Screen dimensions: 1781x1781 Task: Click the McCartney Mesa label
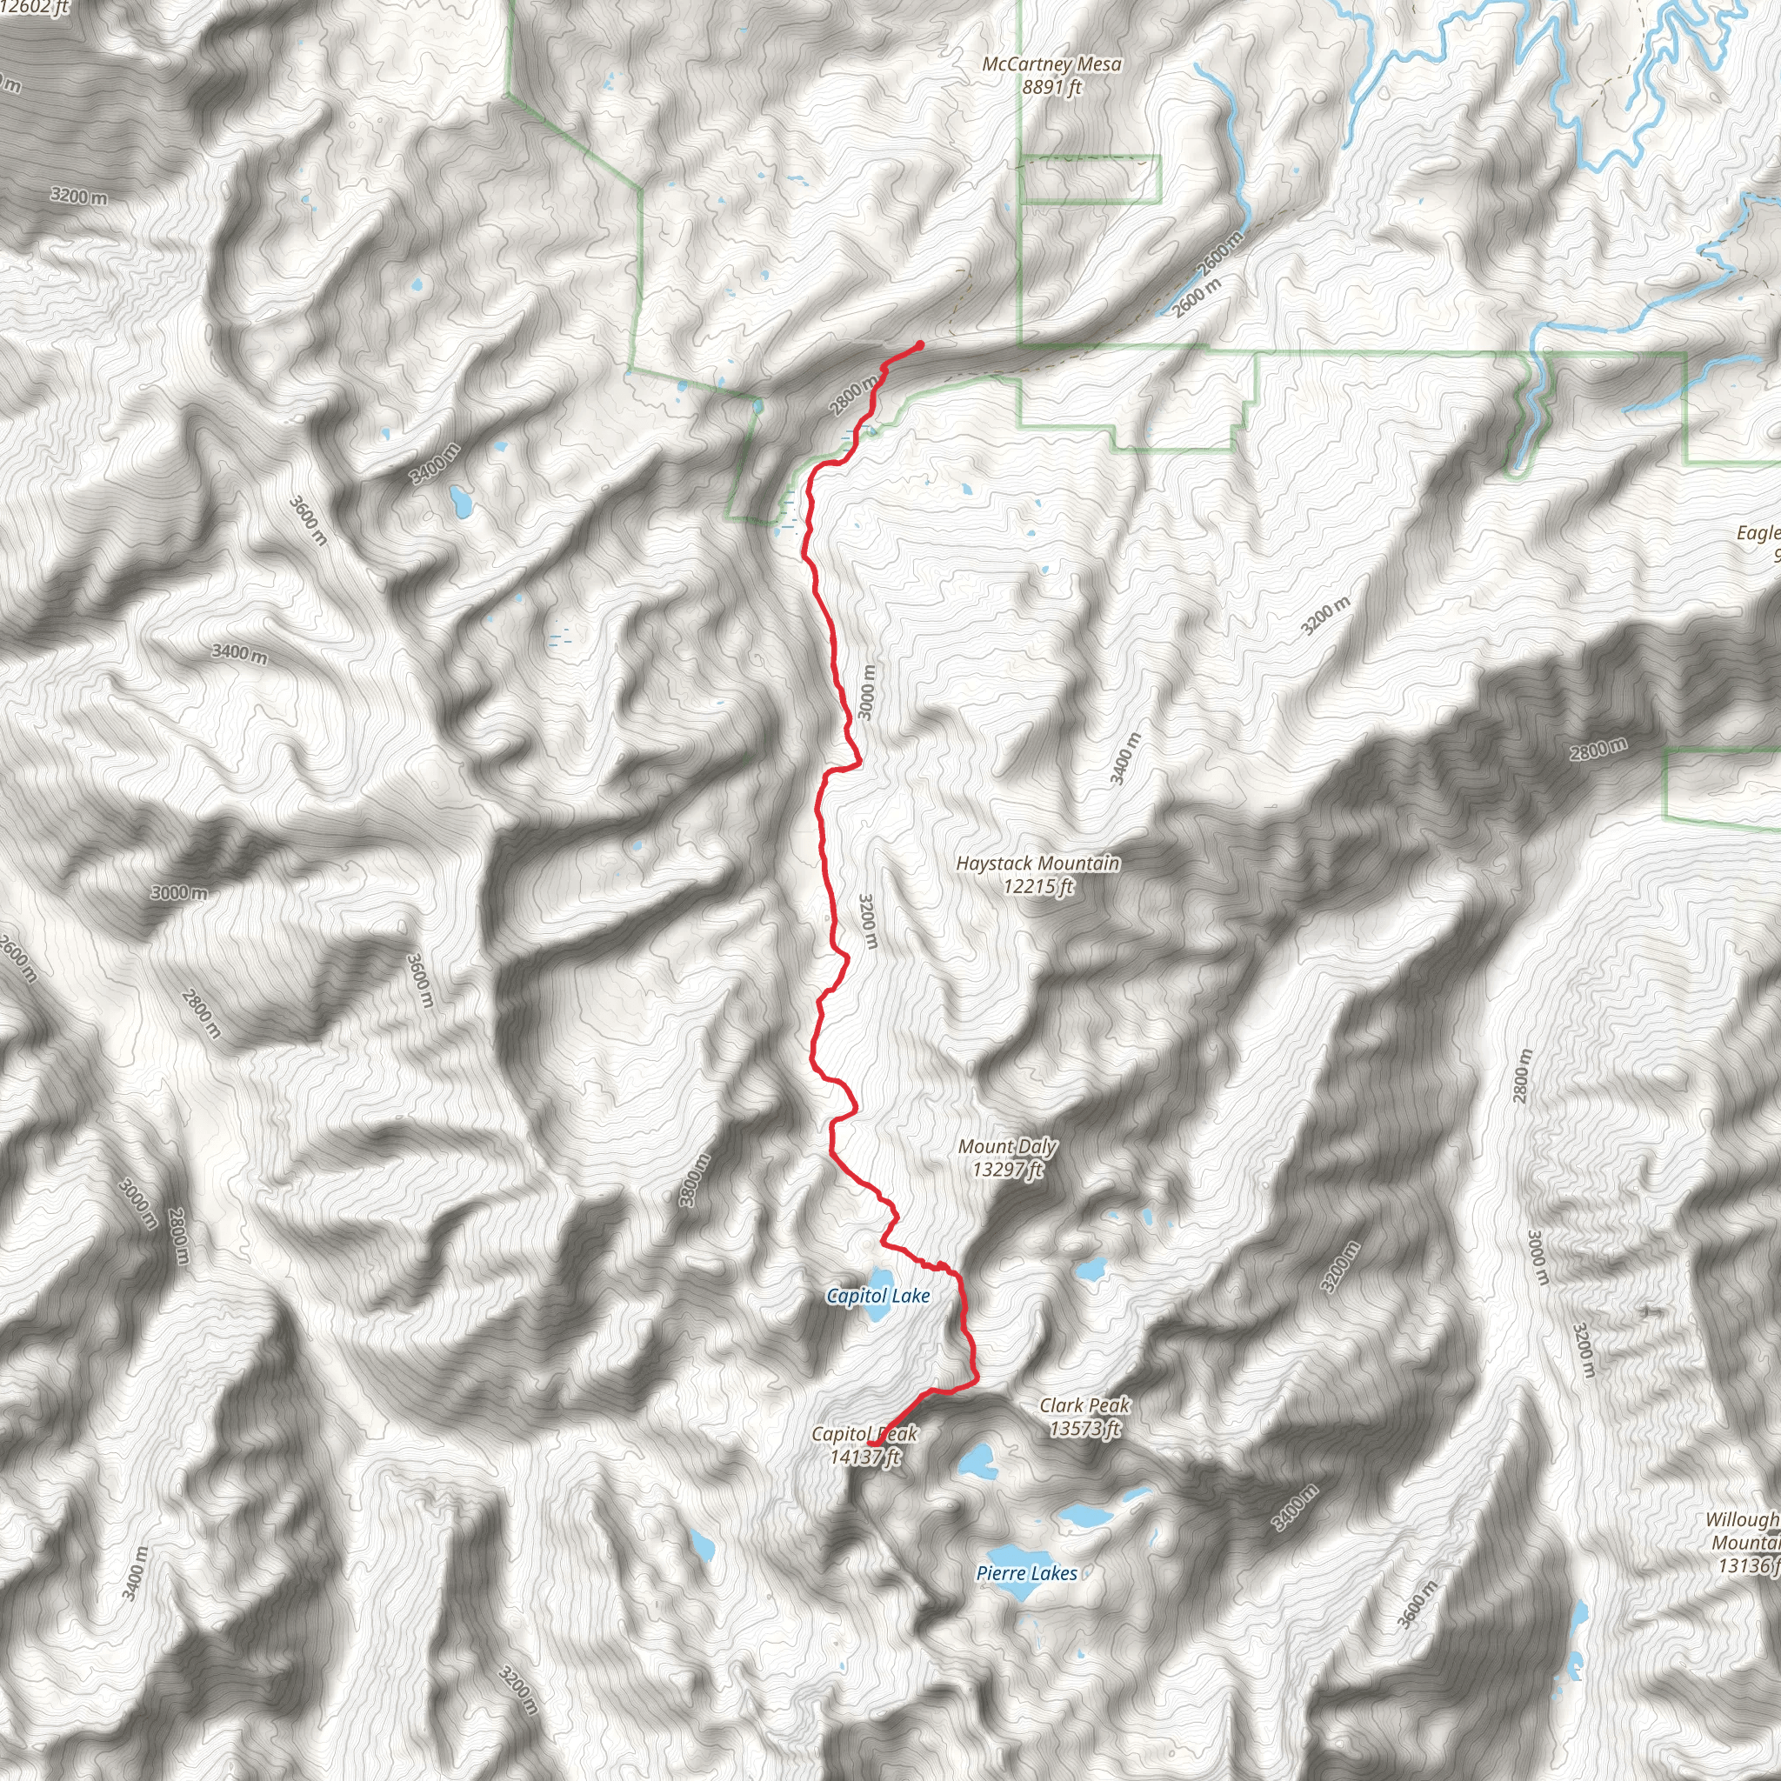[x=1052, y=64]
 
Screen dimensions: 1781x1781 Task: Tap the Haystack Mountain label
[x=1038, y=864]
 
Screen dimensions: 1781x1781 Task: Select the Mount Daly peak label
[x=1008, y=1147]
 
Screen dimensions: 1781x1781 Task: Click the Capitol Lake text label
[x=877, y=1296]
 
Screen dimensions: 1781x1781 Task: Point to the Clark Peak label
[x=1084, y=1406]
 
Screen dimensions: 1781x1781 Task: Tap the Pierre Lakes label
[x=1026, y=1573]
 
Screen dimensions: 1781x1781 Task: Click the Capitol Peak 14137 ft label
[x=864, y=1445]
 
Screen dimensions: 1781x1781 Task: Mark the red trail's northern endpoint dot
[x=920, y=346]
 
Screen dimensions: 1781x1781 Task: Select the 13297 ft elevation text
[x=1008, y=1170]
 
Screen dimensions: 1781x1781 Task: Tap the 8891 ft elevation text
[x=1052, y=88]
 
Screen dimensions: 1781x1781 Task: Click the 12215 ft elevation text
[x=1038, y=887]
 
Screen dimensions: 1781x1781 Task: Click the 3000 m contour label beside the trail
[x=866, y=691]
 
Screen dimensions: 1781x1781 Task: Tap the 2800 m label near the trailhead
[x=853, y=396]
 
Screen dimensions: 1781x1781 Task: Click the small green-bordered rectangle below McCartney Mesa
[x=1090, y=179]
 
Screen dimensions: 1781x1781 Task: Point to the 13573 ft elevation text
[x=1084, y=1429]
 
